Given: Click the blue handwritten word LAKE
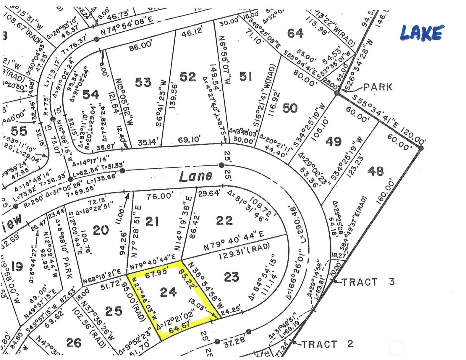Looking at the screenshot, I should click(x=422, y=33).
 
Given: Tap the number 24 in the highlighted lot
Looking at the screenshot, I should click(x=168, y=292).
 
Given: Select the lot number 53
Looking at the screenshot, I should click(x=143, y=82).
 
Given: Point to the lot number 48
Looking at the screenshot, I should click(x=376, y=171).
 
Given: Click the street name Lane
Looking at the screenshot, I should click(x=196, y=177).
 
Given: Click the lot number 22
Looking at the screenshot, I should click(x=224, y=220).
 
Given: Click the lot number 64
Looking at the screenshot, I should click(x=295, y=33).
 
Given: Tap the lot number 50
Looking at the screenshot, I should click(x=290, y=108).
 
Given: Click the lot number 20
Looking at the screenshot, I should click(x=101, y=230).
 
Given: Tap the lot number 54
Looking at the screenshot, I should click(x=90, y=95).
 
